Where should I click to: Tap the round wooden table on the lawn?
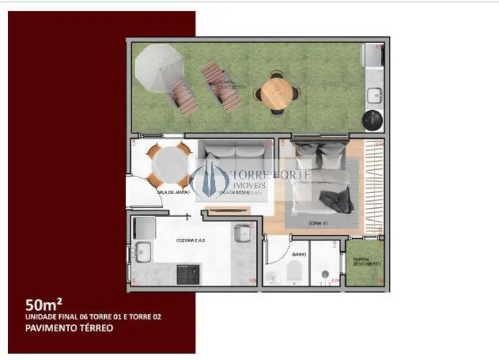[x=276, y=92]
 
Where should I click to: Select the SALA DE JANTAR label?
[x=173, y=192]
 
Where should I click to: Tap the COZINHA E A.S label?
[x=191, y=241]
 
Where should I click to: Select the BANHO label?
[x=299, y=255]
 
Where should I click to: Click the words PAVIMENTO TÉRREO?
[x=69, y=328]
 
